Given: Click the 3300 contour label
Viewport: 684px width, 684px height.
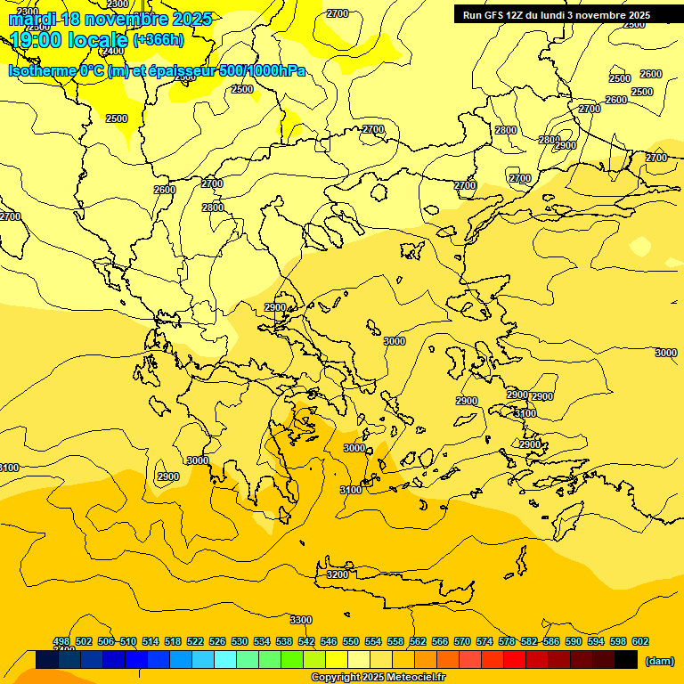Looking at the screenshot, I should (x=301, y=620).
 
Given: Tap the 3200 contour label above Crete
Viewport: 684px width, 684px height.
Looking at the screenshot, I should (x=338, y=574).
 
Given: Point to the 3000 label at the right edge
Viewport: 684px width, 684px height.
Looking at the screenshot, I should (x=666, y=353).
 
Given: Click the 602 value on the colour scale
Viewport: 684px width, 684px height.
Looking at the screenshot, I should (x=639, y=641).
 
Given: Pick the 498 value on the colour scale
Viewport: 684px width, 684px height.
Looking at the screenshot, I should (x=61, y=641).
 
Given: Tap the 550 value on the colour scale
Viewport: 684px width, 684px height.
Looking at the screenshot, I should (x=351, y=641).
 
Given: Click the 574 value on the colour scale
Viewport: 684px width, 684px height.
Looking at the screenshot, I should (x=484, y=641).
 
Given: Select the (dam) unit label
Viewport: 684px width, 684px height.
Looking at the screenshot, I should (x=659, y=660).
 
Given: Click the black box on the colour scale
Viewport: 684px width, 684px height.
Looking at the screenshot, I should (x=626, y=659).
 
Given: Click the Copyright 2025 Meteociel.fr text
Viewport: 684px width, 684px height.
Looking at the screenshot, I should (x=378, y=678).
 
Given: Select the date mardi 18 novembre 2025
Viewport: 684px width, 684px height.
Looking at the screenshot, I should (x=110, y=19).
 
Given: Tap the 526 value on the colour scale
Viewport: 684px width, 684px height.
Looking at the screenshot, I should (x=217, y=641).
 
